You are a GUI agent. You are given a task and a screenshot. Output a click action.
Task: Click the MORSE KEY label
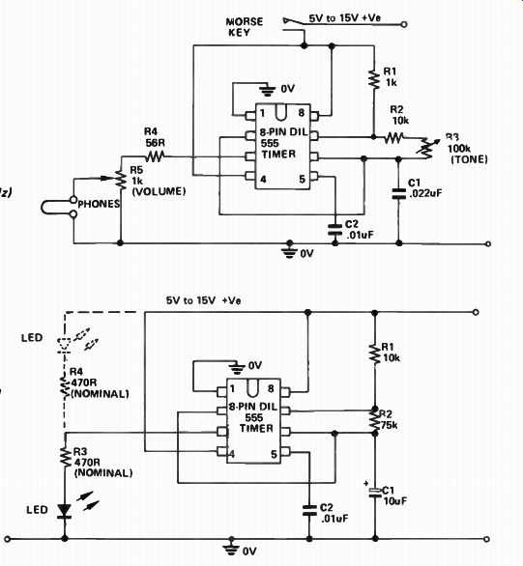pyautogui.click(x=245, y=27)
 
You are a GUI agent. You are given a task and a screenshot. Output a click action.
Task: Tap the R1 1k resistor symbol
pyautogui.click(x=374, y=79)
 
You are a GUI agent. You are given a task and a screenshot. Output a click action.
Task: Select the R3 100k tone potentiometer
pyautogui.click(x=427, y=148)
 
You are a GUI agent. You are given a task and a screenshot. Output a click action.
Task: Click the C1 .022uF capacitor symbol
pyautogui.click(x=398, y=193)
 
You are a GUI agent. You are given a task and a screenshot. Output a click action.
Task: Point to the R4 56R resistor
pyautogui.click(x=155, y=156)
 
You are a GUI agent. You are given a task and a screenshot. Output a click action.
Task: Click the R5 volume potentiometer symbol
pyautogui.click(x=121, y=180)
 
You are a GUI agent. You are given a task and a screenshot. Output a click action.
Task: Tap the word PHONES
pyautogui.click(x=99, y=204)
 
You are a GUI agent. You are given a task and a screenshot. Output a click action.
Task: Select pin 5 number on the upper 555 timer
pyautogui.click(x=302, y=179)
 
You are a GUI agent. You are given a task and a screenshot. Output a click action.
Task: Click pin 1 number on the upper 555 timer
pyautogui.click(x=262, y=113)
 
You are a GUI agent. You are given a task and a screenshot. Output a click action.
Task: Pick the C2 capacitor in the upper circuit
pyautogui.click(x=334, y=230)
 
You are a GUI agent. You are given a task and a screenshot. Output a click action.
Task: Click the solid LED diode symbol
pyautogui.click(x=65, y=511)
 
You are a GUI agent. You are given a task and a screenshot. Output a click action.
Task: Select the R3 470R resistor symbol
pyautogui.click(x=66, y=458)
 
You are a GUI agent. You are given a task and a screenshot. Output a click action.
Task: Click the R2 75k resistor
pyautogui.click(x=375, y=420)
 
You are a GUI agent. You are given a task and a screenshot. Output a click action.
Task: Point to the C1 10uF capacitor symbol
pyautogui.click(x=375, y=493)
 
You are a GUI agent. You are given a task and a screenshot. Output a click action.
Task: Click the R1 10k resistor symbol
pyautogui.click(x=375, y=354)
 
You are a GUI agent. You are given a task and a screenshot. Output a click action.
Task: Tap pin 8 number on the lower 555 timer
pyautogui.click(x=271, y=389)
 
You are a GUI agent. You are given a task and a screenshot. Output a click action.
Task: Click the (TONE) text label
pyautogui.click(x=469, y=159)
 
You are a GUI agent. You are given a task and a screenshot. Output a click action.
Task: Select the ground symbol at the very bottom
pyautogui.click(x=231, y=548)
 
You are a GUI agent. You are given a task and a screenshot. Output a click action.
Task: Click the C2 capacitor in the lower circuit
pyautogui.click(x=309, y=510)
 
